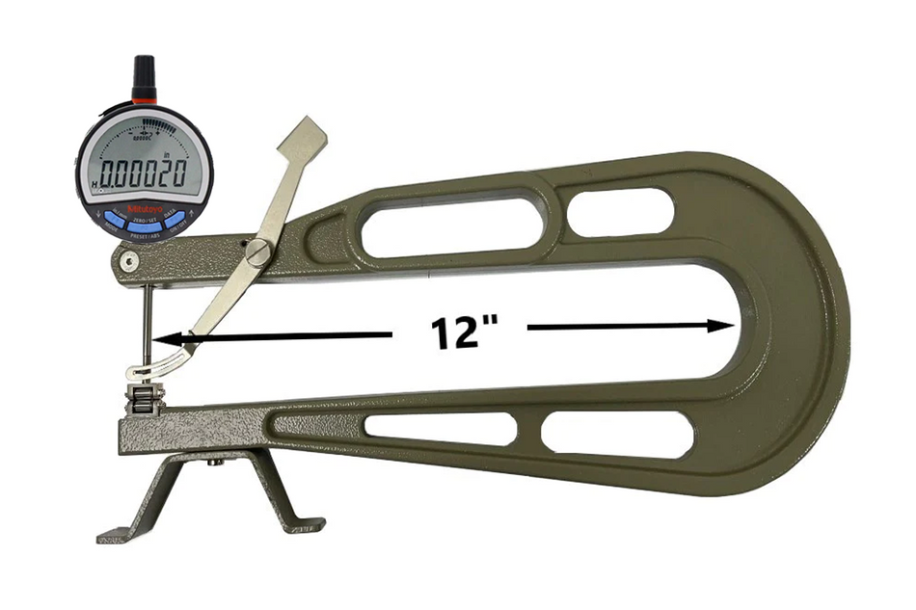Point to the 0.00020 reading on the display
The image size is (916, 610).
146,176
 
